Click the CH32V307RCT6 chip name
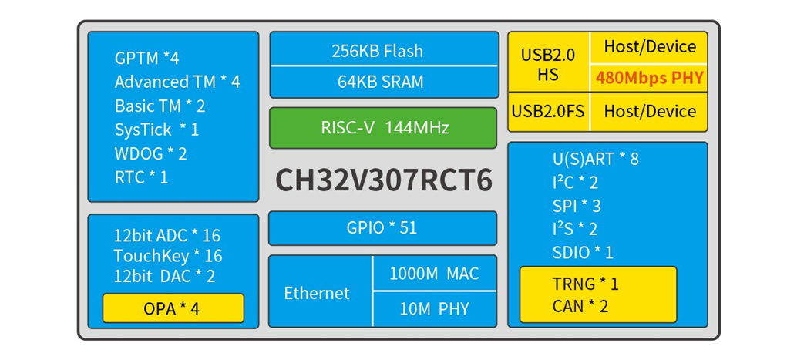tap(383, 180)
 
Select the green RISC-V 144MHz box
tap(383, 127)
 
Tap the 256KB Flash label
tap(377, 52)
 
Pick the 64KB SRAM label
tap(380, 81)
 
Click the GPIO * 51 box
tap(382, 228)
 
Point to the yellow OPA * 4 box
tap(173, 309)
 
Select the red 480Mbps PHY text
tap(649, 78)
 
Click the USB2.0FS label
tap(547, 111)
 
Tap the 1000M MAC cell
tap(434, 274)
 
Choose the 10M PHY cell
tap(434, 309)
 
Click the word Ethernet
tap(316, 293)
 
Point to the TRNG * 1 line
tap(585, 284)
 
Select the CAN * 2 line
tap(580, 306)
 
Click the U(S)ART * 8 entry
tap(595, 160)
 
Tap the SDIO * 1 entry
tap(583, 252)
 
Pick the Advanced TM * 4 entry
tap(177, 82)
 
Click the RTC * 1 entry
tap(141, 177)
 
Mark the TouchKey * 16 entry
tap(167, 256)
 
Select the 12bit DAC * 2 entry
tap(164, 276)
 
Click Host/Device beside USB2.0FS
tap(649, 111)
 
